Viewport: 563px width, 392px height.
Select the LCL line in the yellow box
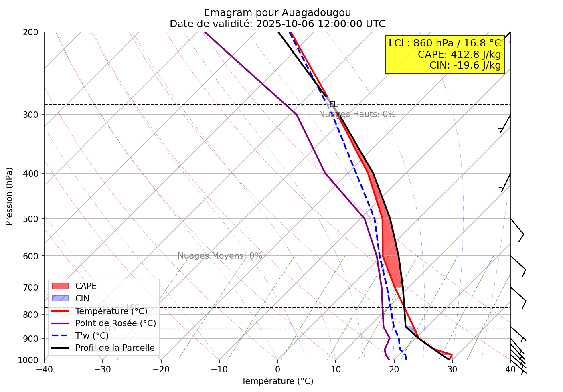click(x=445, y=43)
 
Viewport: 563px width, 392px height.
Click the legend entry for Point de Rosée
click(x=115, y=323)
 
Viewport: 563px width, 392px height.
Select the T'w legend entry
click(x=92, y=336)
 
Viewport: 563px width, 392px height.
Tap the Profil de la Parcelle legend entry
click(x=115, y=348)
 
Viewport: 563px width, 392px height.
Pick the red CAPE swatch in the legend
click(x=61, y=286)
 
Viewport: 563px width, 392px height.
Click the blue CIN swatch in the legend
click(x=61, y=299)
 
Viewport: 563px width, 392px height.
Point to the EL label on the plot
click(x=333, y=105)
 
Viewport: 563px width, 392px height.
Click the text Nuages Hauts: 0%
click(x=357, y=114)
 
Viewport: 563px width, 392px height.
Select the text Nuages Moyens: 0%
click(x=220, y=256)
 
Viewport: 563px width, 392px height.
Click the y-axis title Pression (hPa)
click(x=9, y=196)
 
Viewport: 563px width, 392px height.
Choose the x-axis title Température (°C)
click(x=277, y=381)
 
